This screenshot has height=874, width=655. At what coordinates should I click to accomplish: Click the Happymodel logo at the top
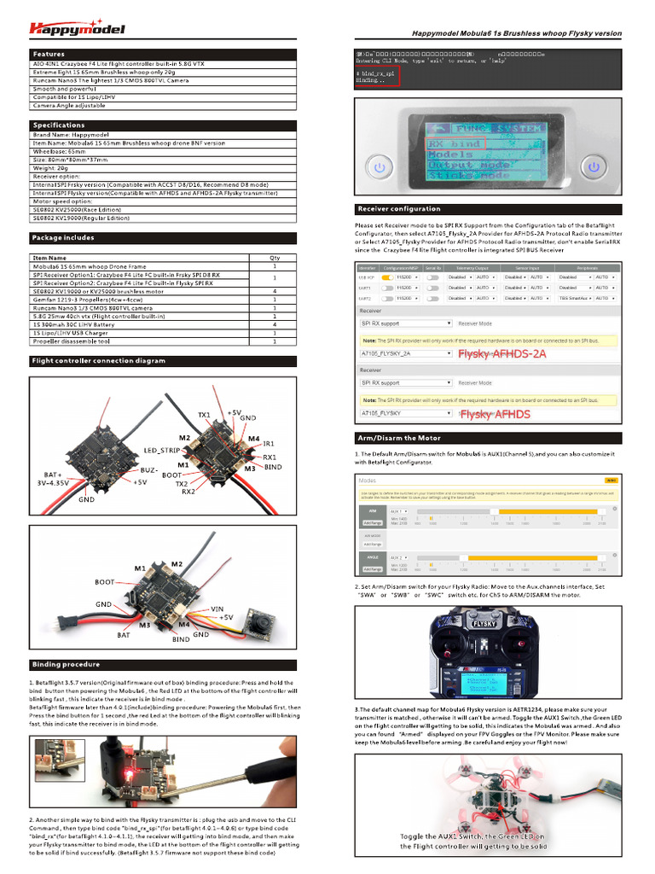pos(77,29)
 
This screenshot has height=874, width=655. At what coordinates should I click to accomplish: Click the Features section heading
pos(49,54)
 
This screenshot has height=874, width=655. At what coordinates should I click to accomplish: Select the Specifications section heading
pos(59,125)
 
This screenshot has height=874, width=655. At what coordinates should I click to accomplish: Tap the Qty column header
pos(275,257)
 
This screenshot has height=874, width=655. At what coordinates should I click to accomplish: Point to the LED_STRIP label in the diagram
pos(161,449)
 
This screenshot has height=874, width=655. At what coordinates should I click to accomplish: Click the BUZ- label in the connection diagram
pos(150,469)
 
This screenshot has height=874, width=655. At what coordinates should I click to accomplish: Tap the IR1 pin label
pos(269,444)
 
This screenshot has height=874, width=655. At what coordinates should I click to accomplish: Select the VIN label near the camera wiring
pos(217,608)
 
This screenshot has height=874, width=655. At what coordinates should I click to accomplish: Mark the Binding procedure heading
pos(65,664)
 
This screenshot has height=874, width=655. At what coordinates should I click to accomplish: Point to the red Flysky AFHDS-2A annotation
pos(501,353)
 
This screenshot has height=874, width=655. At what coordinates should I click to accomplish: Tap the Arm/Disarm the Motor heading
pos(399,438)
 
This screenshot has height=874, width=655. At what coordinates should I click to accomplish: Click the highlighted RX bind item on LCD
pos(455,143)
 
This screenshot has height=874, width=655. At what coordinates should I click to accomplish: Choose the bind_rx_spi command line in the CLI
pos(376,73)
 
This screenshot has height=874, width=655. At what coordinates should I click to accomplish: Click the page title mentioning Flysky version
pos(517,33)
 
